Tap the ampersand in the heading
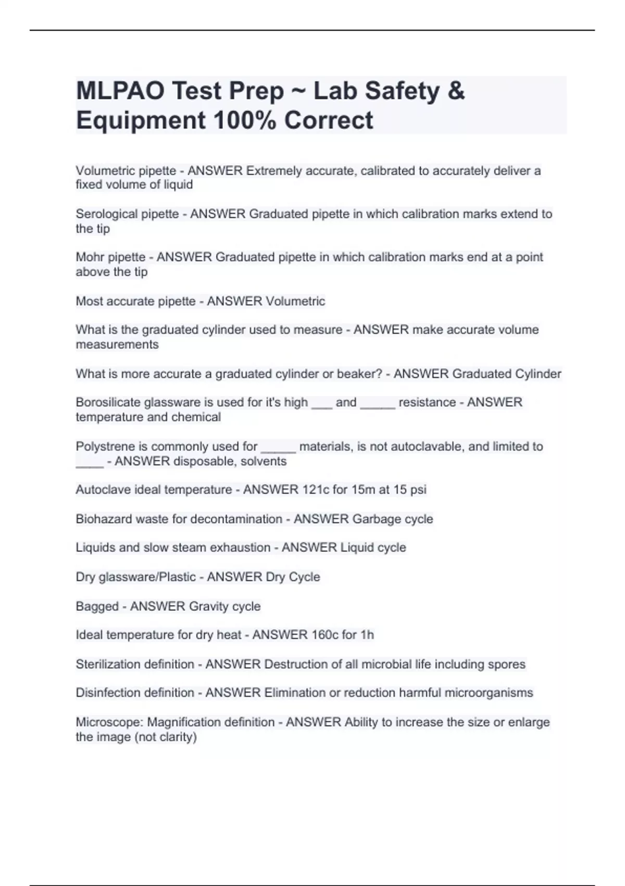(x=456, y=91)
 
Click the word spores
(x=506, y=664)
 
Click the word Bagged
(x=97, y=607)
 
